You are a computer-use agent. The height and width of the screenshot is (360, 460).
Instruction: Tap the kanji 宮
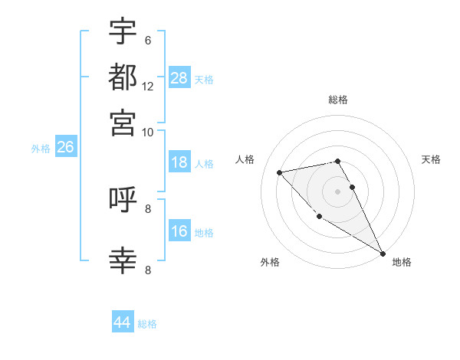click(x=123, y=122)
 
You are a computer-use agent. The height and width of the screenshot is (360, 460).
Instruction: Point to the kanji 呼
click(x=123, y=201)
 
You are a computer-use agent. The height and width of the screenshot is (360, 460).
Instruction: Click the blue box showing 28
click(x=179, y=77)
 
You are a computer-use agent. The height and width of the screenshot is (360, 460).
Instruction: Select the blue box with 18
click(x=179, y=162)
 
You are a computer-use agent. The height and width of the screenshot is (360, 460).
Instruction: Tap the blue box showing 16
click(x=179, y=231)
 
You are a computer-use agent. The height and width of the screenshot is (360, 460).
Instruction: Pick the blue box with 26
click(x=65, y=147)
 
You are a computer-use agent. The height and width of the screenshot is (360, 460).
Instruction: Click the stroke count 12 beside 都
click(x=148, y=86)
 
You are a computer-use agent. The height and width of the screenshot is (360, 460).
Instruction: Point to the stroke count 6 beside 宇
click(x=147, y=40)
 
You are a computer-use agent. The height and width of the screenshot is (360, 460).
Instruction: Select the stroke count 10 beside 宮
click(x=148, y=132)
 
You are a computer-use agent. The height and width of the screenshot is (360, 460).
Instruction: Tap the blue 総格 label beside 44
click(x=147, y=324)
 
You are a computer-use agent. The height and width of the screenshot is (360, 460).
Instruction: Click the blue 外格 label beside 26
click(x=41, y=149)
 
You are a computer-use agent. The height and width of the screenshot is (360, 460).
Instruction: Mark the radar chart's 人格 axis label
click(x=245, y=159)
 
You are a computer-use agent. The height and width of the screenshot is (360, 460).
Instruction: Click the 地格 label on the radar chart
click(x=402, y=262)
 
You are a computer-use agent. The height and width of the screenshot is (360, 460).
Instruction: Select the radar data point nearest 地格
click(x=383, y=254)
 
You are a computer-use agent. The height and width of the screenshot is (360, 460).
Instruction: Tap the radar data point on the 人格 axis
click(x=280, y=172)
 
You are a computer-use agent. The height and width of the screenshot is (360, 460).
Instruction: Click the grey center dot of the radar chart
click(x=338, y=191)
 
